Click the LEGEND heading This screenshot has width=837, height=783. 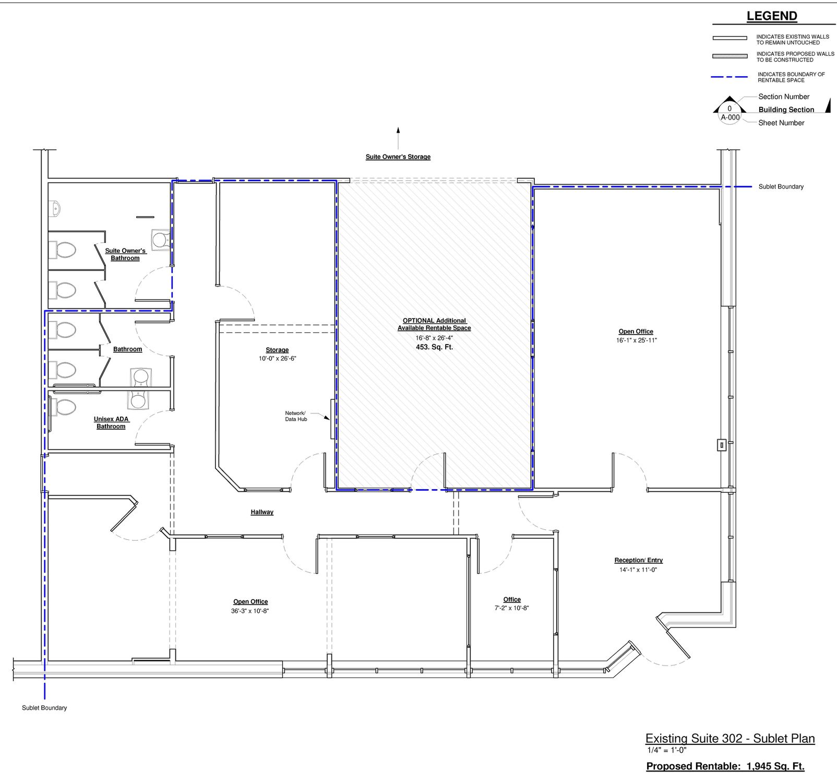tap(772, 16)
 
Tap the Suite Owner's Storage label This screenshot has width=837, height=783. tap(398, 157)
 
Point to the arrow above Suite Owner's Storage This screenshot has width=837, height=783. tap(398, 138)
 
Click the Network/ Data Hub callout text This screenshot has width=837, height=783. tap(296, 416)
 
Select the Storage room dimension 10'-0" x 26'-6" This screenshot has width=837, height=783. tap(277, 359)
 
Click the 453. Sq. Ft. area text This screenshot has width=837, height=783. tap(434, 347)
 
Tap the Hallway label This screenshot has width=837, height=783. tap(262, 512)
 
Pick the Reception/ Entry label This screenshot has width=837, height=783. tap(638, 560)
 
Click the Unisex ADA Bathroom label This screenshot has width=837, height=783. tap(111, 423)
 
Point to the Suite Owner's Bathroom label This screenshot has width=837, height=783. tap(125, 254)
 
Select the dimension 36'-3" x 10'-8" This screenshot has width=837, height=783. tap(250, 611)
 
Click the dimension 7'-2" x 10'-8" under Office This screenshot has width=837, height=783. tap(512, 608)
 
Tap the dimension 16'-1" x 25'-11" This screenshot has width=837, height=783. tap(636, 340)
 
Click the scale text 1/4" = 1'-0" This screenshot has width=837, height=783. tap(667, 750)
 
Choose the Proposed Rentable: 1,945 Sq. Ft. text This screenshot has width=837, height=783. tap(725, 766)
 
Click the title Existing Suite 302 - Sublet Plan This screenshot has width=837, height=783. tap(730, 739)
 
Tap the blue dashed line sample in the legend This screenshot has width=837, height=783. tap(730, 77)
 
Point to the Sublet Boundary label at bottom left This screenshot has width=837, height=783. tap(44, 708)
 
